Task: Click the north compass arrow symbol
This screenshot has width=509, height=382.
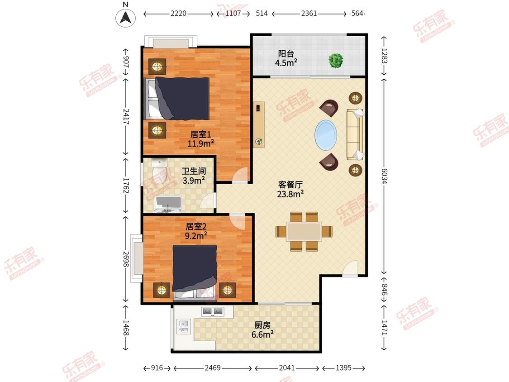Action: (x=126, y=17)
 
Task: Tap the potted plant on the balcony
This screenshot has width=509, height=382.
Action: (x=336, y=60)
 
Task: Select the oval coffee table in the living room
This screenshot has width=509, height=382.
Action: (x=326, y=135)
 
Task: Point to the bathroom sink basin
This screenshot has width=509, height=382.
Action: (x=168, y=204)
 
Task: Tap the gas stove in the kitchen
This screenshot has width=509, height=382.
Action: (x=213, y=312)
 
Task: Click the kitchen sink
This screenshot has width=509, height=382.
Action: (x=184, y=326)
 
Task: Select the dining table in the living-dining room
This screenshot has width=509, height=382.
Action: (x=304, y=232)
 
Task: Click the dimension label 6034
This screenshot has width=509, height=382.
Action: (x=384, y=176)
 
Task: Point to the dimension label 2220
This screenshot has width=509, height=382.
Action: (x=179, y=13)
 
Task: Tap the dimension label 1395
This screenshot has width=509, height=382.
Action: (x=343, y=368)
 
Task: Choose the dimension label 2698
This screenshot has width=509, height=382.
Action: (x=126, y=259)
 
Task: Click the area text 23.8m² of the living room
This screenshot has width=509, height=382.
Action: (x=290, y=194)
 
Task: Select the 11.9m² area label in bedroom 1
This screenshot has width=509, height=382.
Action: (x=200, y=143)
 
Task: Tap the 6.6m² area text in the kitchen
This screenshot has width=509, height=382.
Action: (x=262, y=334)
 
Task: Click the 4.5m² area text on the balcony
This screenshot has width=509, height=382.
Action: (x=286, y=63)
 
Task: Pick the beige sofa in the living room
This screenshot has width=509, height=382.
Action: (x=355, y=134)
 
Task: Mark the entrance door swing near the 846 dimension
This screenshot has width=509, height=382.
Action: (x=350, y=269)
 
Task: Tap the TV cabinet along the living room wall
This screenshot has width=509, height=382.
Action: (x=259, y=125)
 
